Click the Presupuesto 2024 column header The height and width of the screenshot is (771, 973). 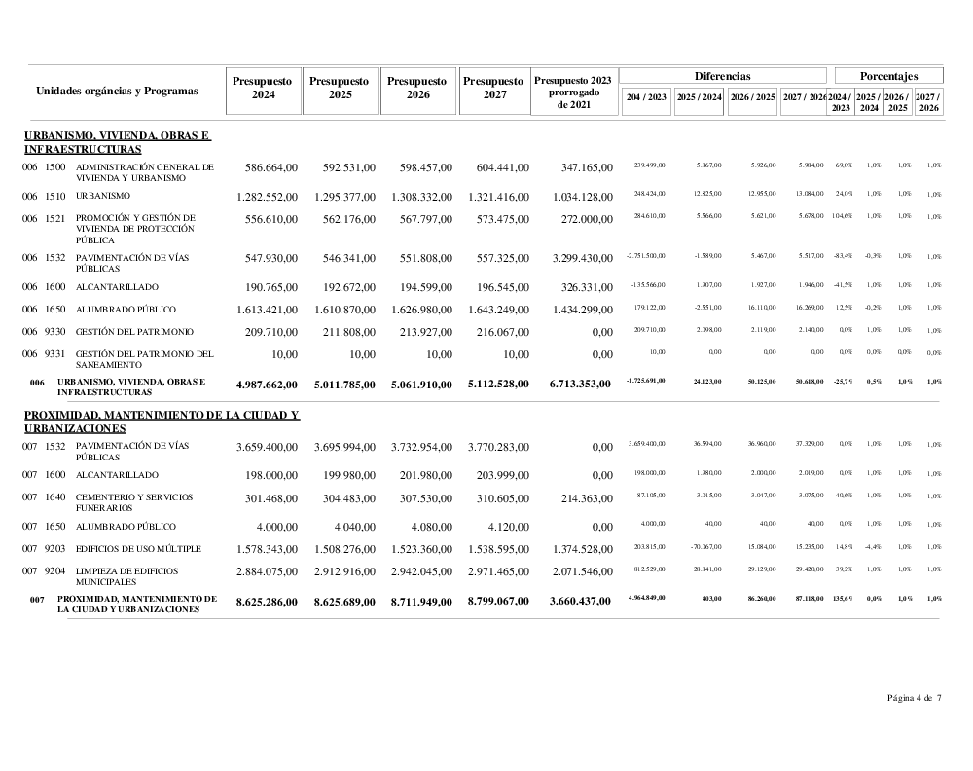tap(263, 89)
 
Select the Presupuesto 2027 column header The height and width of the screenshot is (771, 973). tap(494, 89)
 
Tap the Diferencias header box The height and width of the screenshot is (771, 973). tap(722, 76)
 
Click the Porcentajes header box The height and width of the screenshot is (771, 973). tap(888, 76)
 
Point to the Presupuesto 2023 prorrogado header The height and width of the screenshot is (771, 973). tap(574, 92)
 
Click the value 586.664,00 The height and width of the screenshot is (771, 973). tap(264, 167)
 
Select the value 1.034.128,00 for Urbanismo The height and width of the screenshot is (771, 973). tap(574, 197)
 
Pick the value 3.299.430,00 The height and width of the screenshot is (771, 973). tap(574, 259)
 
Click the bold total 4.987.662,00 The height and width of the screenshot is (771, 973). tap(264, 384)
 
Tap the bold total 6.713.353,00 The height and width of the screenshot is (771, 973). tap(574, 384)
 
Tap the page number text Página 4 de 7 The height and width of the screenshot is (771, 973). tap(914, 698)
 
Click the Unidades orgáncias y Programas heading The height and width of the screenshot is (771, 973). tap(117, 91)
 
